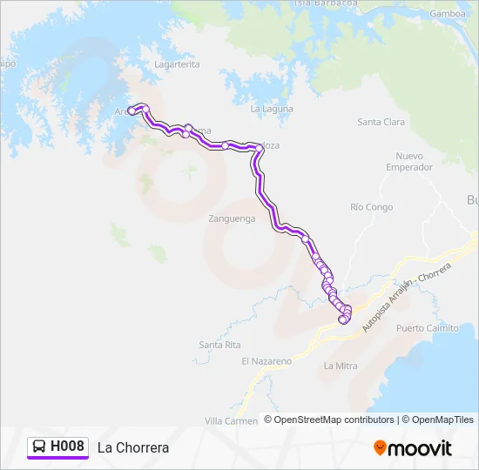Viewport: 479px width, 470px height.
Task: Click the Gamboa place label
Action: (447, 14)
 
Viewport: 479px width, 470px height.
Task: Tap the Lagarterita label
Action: (177, 64)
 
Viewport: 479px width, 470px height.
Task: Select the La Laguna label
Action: (272, 109)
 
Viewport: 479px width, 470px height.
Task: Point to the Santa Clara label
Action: (381, 122)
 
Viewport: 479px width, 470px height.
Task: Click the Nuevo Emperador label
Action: (409, 161)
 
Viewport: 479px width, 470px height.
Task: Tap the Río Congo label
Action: (372, 207)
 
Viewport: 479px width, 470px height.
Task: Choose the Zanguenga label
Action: (232, 218)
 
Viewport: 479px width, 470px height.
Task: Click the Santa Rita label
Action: (219, 345)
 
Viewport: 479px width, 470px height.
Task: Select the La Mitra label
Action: (341, 366)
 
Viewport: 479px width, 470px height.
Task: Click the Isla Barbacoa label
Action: (327, 3)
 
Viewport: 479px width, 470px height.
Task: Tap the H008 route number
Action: (67, 446)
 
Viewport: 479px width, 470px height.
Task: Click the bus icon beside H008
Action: (39, 446)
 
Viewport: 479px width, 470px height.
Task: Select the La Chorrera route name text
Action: (133, 447)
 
